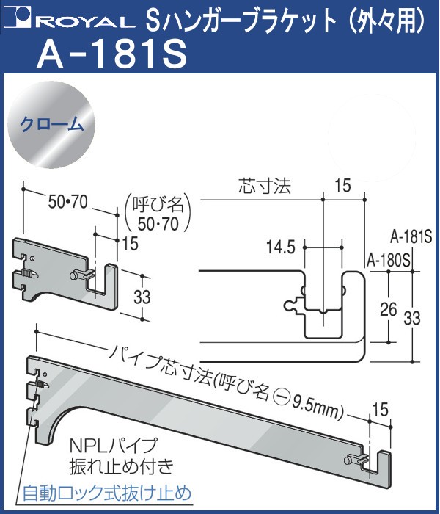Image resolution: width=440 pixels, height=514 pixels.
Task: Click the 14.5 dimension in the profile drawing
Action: pyautogui.click(x=281, y=247)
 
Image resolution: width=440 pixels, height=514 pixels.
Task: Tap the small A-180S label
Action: pyautogui.click(x=388, y=260)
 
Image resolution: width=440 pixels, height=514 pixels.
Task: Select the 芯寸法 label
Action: pyautogui.click(x=265, y=187)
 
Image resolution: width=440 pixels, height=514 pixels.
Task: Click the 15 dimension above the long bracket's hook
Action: pyautogui.click(x=379, y=408)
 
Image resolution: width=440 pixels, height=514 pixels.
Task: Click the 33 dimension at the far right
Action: pyautogui.click(x=413, y=318)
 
